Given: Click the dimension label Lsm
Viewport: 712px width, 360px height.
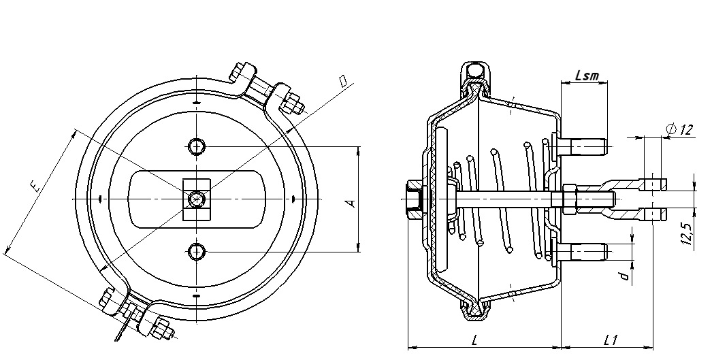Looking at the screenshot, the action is coord(587,76).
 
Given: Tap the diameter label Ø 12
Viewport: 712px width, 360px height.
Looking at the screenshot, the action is coord(680,130).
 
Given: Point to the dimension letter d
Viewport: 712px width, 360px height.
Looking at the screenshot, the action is coord(626,276).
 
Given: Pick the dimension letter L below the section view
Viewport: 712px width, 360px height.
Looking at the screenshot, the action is coord(474,340).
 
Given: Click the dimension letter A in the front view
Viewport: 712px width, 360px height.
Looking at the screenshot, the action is coord(351,203).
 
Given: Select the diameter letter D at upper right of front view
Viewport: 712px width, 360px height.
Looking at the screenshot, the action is coord(343,81).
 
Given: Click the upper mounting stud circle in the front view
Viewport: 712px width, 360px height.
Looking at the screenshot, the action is coord(197,146).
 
